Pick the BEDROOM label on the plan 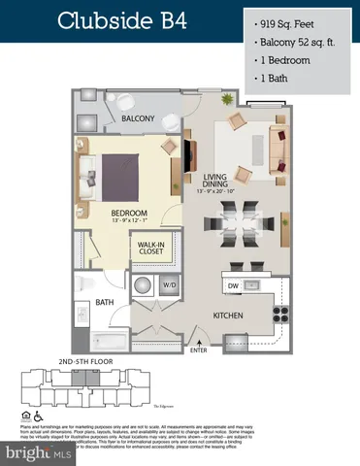pos(128,212)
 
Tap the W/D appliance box pos(169,285)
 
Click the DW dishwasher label pos(233,285)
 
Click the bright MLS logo pos(37,452)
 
